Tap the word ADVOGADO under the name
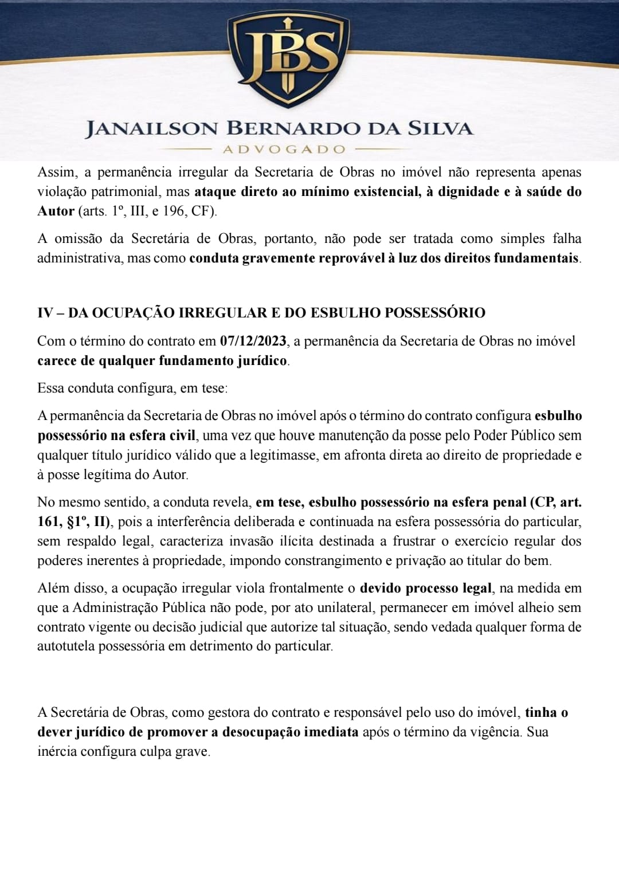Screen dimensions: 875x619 pos(284,150)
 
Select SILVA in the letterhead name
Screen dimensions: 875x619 pos(440,128)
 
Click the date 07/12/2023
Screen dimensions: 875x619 pos(253,342)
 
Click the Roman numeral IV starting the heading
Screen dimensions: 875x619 pos(45,313)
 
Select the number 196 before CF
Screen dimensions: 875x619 pos(173,211)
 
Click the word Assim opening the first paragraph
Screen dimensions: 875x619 pos(56,172)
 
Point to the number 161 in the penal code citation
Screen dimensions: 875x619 pos(48,522)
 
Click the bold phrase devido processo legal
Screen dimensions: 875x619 pos(425,588)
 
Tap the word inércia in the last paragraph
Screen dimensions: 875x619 pos(56,752)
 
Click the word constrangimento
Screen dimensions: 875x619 pos(332,561)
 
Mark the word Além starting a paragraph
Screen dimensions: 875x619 pos(53,588)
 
